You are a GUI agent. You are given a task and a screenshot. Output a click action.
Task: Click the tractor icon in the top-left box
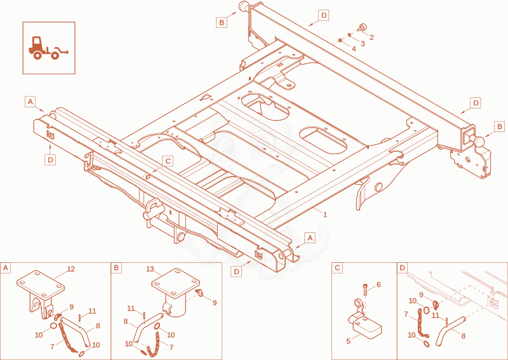49,48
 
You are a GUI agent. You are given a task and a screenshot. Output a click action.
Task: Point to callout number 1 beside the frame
325,215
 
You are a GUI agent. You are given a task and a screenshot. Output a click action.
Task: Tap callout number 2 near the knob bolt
371,37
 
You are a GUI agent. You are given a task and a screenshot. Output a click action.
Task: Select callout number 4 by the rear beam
354,49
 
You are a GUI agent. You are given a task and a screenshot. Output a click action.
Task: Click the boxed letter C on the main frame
168,161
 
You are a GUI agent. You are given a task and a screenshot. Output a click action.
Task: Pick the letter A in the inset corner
5,269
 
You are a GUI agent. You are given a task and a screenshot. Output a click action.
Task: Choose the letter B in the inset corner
116,269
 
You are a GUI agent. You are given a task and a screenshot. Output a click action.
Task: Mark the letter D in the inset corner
403,268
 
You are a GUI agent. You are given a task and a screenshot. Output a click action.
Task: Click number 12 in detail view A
70,269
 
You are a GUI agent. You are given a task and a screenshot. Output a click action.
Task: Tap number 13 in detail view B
150,269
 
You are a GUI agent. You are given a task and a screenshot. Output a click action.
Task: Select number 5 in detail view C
348,341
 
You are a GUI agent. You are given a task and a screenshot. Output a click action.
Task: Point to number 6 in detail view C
378,284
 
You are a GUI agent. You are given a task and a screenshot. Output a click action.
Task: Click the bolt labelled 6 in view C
366,289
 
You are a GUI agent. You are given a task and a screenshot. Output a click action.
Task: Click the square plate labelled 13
176,283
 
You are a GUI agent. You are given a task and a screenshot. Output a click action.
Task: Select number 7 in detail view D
406,314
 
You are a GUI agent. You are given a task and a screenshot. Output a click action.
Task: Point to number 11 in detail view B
131,309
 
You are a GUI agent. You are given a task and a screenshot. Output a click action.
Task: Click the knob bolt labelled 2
362,28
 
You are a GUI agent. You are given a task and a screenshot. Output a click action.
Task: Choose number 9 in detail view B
215,303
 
